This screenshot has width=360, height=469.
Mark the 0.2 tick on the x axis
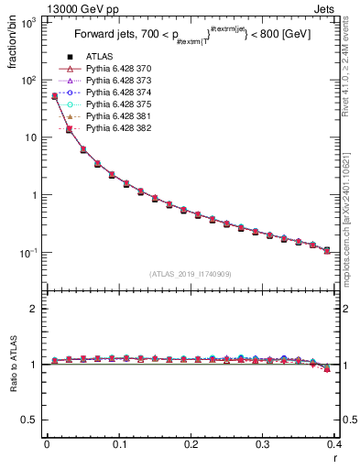coord(191,443)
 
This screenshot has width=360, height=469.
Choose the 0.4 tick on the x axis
coord(334,443)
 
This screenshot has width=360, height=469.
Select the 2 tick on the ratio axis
coord(35,309)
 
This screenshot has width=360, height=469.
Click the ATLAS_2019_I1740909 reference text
coord(190,274)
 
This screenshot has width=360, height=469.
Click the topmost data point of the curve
coord(54,95)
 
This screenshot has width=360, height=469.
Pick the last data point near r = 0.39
coord(327,250)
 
